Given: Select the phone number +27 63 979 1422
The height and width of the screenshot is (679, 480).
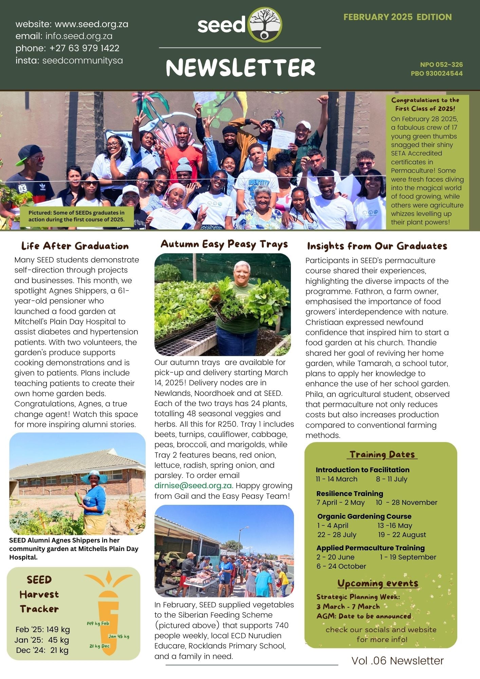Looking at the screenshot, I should pyautogui.click(x=84, y=48).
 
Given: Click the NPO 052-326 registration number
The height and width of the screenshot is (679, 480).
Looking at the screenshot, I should pyautogui.click(x=441, y=65).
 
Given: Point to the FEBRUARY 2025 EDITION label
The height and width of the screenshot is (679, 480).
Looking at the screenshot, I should pyautogui.click(x=397, y=17).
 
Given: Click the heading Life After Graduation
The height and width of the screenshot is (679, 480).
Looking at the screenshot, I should pyautogui.click(x=75, y=246).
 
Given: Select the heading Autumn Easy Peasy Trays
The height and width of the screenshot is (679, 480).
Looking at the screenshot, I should pyautogui.click(x=224, y=244).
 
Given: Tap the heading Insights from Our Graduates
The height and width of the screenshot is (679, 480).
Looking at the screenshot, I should pyautogui.click(x=377, y=246).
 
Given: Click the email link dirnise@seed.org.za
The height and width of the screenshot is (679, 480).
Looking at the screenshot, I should pyautogui.click(x=193, y=486).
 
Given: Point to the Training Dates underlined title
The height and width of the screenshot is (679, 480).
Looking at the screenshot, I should pyautogui.click(x=382, y=455).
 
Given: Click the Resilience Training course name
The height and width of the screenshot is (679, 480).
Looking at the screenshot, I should pyautogui.click(x=350, y=494).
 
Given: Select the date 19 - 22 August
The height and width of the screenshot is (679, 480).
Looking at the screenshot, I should pyautogui.click(x=402, y=535).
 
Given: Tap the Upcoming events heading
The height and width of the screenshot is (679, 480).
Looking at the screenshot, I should pyautogui.click(x=377, y=583).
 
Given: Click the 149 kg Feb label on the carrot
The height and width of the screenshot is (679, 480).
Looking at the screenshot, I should pyautogui.click(x=98, y=623).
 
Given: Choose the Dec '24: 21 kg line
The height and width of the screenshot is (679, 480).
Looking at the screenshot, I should pyautogui.click(x=42, y=650).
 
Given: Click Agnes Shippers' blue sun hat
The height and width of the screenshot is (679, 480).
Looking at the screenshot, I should pyautogui.click(x=94, y=477).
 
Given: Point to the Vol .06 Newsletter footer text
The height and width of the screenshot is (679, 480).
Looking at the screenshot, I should pyautogui.click(x=398, y=661).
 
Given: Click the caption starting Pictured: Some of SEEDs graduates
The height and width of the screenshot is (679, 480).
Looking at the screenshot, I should pyautogui.click(x=76, y=216).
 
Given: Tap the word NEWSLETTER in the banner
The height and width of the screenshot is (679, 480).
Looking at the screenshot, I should pyautogui.click(x=240, y=67).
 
